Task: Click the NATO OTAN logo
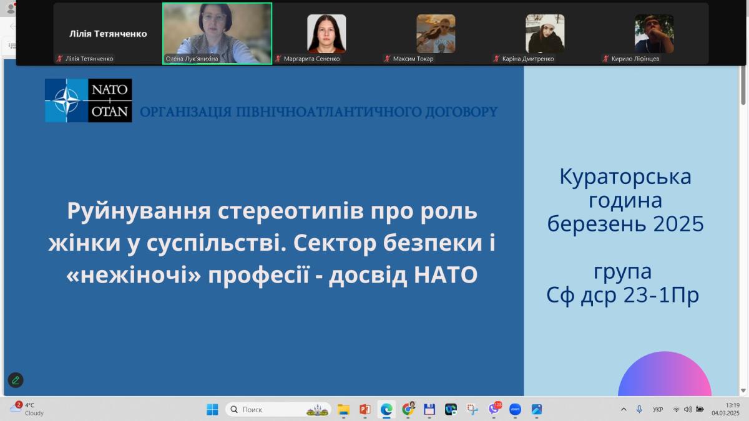88,100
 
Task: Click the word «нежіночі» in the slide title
134,274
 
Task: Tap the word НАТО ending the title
446,274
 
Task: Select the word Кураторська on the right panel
625,177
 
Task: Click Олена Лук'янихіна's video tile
217,34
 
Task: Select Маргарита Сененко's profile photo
326,34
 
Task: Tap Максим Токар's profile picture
436,34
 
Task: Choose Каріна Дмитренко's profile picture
545,34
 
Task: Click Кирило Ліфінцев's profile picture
654,34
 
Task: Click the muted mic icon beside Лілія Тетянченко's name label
60,59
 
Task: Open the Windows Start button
212,409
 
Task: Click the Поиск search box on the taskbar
278,409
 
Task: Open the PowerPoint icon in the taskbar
365,409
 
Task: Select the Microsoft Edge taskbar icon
386,409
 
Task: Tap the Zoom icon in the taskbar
515,409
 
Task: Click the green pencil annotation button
16,380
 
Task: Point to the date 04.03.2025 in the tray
725,414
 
